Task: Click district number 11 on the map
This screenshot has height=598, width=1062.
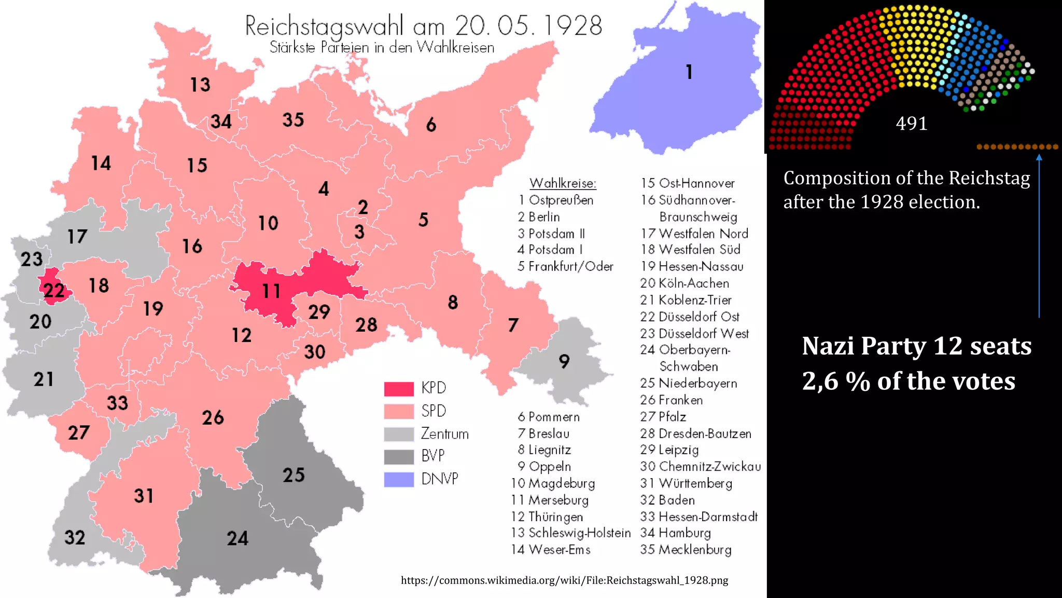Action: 271,291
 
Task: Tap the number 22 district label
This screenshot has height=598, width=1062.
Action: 54,290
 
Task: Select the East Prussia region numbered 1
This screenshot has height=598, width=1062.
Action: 689,72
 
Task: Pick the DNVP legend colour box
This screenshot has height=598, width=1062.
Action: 399,479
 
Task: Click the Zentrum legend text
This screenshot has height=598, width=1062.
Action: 444,433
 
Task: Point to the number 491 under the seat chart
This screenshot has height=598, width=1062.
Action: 911,124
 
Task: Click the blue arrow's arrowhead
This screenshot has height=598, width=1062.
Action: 1039,157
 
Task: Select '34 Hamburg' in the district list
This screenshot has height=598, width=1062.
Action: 675,533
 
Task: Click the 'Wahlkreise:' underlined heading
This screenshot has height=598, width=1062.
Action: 563,183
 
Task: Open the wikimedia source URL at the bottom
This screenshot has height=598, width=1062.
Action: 564,580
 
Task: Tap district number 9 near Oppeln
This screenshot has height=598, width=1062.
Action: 564,361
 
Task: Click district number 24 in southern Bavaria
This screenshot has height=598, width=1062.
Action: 237,538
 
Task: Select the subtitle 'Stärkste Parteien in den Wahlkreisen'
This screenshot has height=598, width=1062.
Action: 382,47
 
